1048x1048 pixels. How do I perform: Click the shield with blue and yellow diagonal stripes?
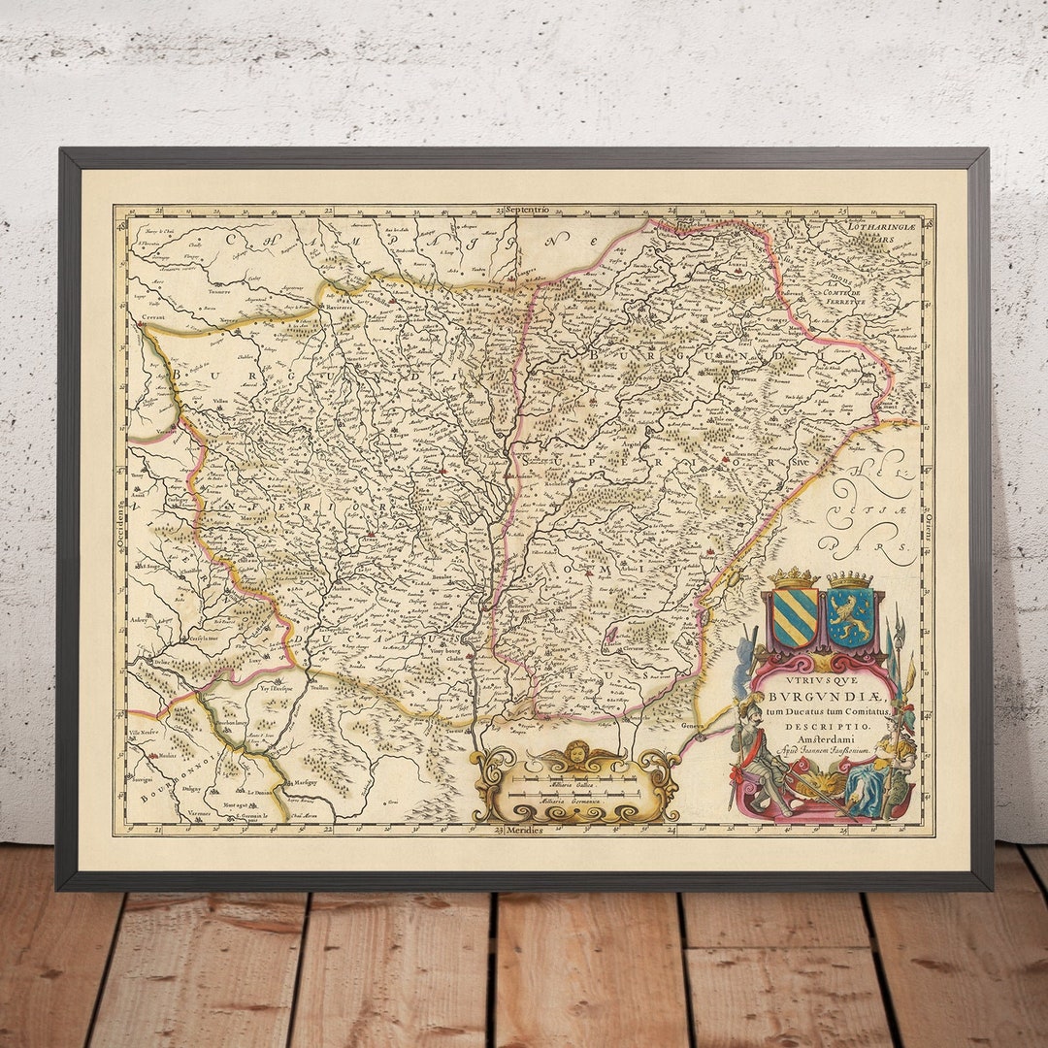795,618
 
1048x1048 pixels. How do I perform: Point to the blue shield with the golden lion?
850,619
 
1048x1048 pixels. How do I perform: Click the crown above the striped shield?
795,578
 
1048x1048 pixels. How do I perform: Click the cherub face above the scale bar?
578,753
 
